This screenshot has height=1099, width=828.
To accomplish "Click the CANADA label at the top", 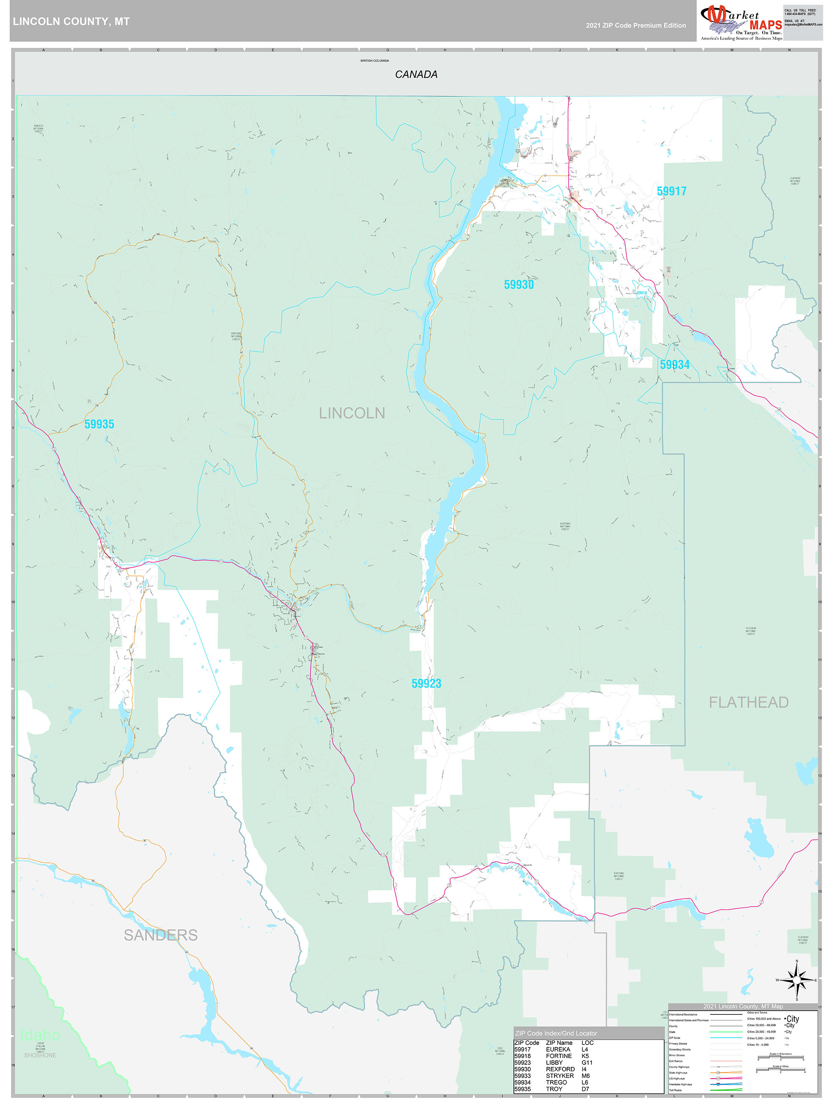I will tap(415, 74).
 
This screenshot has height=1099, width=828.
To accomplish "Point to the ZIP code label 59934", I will tap(674, 365).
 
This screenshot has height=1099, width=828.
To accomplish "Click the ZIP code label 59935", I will tap(99, 424).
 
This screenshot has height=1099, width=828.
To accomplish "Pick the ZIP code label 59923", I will tap(426, 683).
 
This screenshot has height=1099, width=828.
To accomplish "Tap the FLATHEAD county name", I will tap(748, 702).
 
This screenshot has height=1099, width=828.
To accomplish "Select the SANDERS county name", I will tap(160, 935).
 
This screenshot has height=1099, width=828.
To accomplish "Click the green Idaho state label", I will tap(40, 1035).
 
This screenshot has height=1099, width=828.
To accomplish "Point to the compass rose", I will tap(796, 980).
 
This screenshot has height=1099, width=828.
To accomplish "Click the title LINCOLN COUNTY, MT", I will tap(71, 22).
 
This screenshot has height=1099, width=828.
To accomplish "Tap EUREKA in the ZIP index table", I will tap(557, 1049).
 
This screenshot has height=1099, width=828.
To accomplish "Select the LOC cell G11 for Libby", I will tap(587, 1062).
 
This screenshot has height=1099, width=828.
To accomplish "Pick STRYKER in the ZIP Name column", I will tap(560, 1076).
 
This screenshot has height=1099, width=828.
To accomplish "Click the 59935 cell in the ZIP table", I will tap(522, 1089).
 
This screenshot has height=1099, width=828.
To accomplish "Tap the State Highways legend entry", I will tap(678, 1073).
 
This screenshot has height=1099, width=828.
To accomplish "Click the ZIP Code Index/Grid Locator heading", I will tap(556, 1033).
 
